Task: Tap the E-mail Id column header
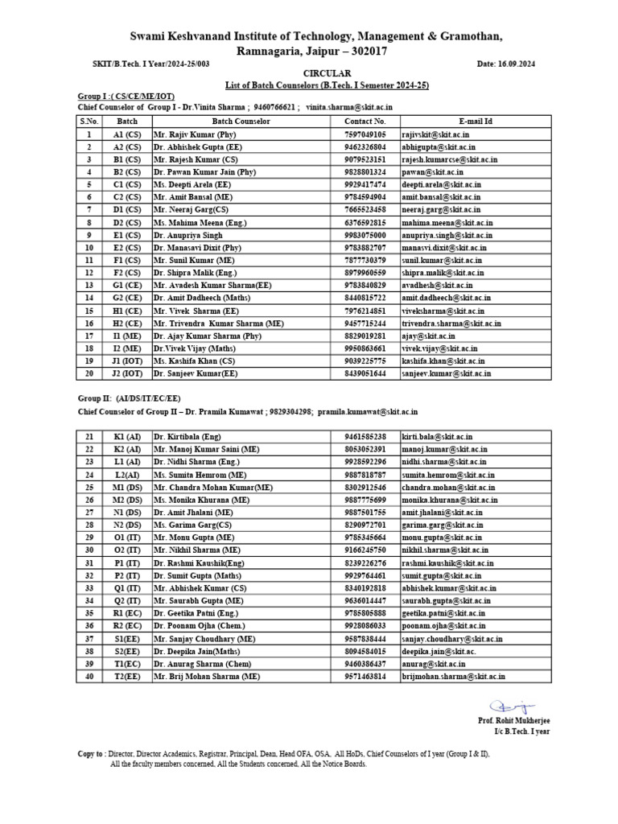tap(475, 121)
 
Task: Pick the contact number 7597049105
tap(365, 134)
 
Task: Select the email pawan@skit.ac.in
tap(427, 171)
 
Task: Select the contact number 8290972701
tap(365, 524)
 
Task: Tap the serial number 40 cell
tap(90, 677)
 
